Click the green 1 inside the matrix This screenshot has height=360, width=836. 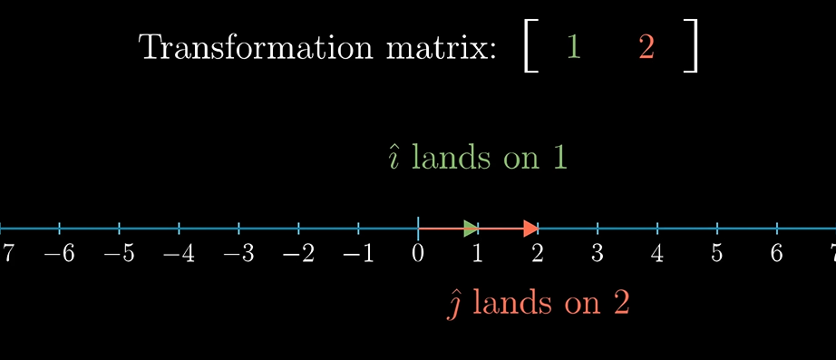click(572, 46)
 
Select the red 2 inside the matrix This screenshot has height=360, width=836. click(646, 47)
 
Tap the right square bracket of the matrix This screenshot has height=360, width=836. click(692, 47)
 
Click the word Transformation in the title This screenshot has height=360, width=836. click(253, 47)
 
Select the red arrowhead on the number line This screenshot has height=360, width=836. click(530, 228)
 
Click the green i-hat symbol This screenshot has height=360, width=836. click(394, 159)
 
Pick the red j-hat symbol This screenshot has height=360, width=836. click(456, 304)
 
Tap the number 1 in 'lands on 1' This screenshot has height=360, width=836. click(559, 158)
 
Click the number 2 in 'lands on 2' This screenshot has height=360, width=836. click(621, 303)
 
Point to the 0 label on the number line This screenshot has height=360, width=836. click(417, 253)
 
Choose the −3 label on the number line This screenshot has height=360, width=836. click(238, 253)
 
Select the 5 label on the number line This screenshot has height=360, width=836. click(716, 253)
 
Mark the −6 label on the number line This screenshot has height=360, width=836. click(59, 253)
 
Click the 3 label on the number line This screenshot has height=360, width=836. click(597, 253)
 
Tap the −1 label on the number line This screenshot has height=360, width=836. click(357, 253)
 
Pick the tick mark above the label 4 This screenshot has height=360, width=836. click(656, 228)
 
